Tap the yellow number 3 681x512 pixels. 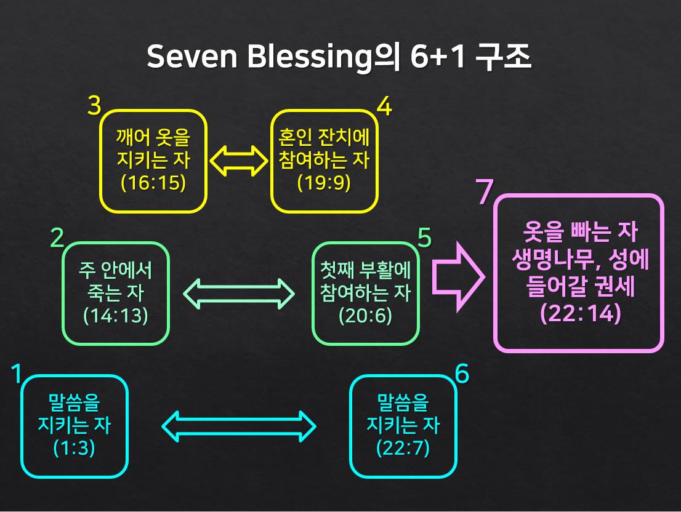(x=94, y=106)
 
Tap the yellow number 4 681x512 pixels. (x=384, y=106)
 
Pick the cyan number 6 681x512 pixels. (x=462, y=373)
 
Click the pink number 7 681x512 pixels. (x=485, y=193)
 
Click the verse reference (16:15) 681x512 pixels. (x=153, y=184)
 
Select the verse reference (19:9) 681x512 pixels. (x=324, y=183)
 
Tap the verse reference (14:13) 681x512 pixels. (x=115, y=315)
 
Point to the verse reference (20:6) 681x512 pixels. (x=365, y=315)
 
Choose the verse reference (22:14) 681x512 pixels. (x=580, y=313)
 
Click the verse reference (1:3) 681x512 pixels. (x=74, y=447)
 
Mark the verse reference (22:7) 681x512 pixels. (x=403, y=447)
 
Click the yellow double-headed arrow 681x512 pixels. (x=238, y=161)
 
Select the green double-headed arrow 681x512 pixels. (x=240, y=294)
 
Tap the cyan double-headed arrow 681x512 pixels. (x=238, y=426)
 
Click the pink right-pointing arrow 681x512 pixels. (x=457, y=275)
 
